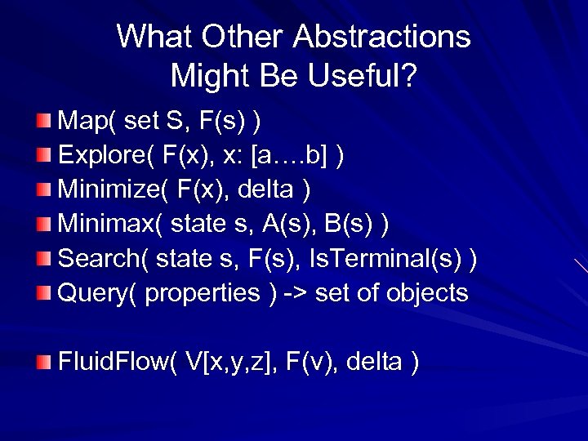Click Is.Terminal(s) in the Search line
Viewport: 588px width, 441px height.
(x=382, y=259)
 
